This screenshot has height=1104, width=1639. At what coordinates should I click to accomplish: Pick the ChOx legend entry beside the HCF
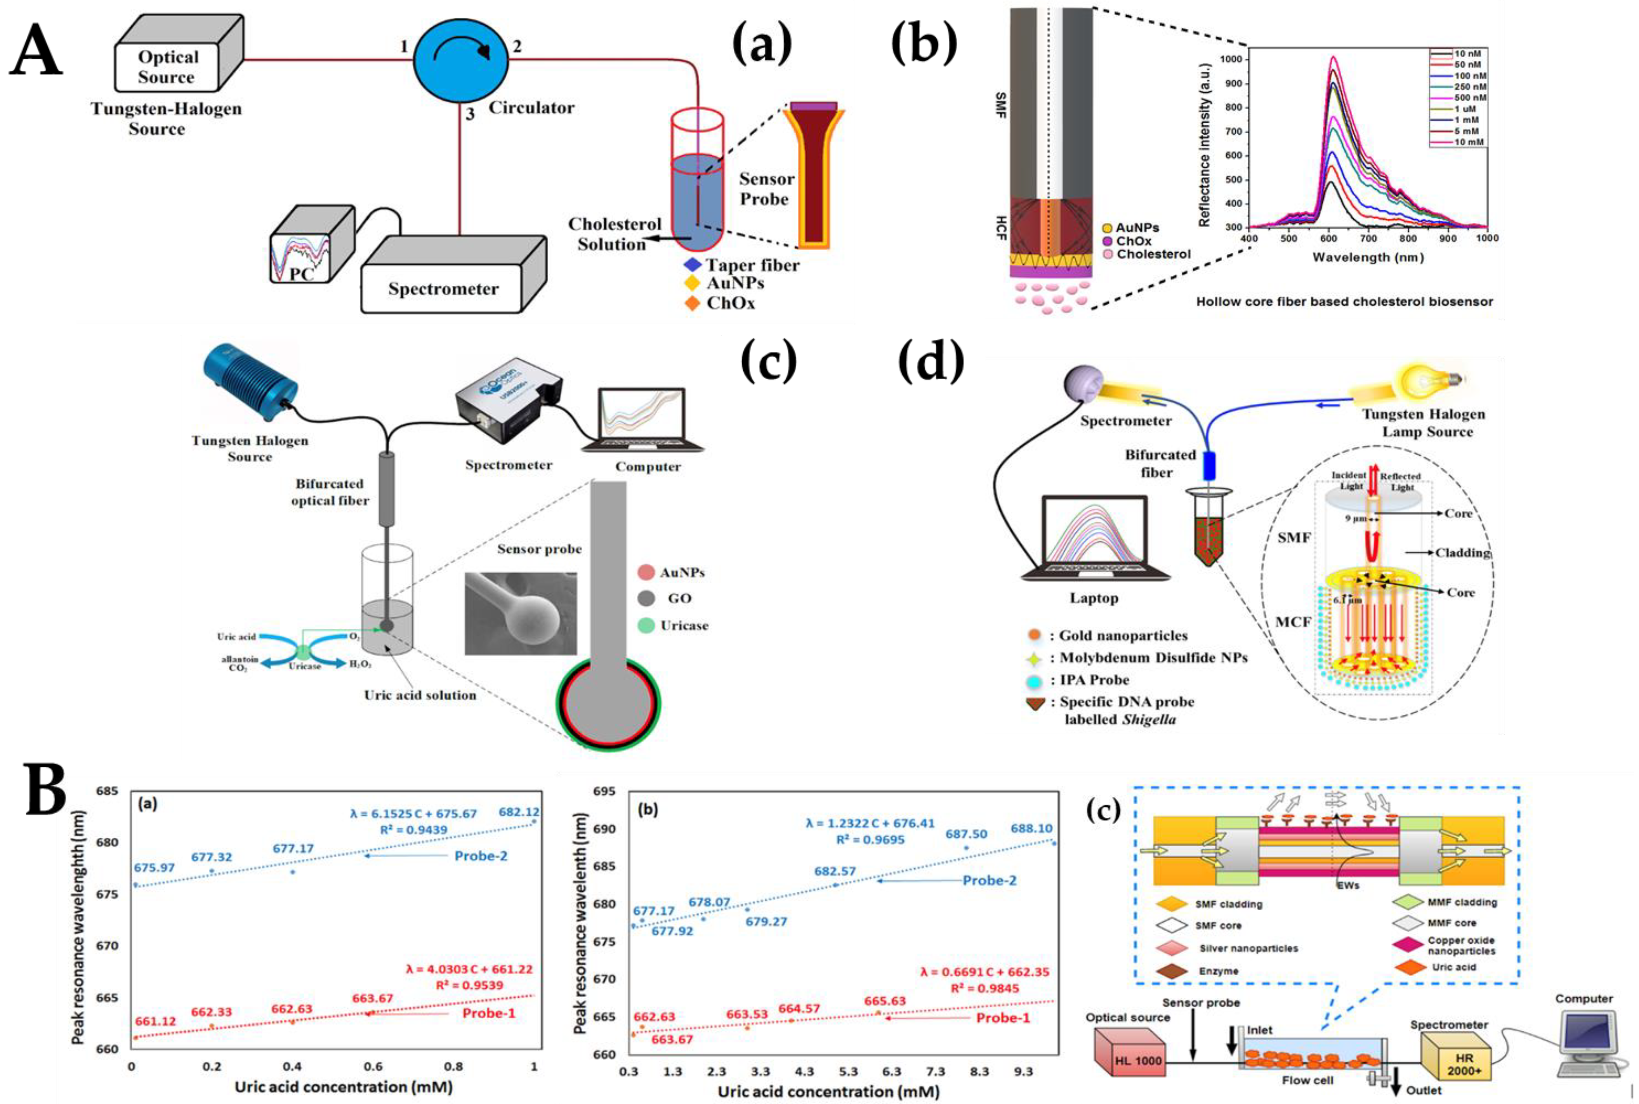pyautogui.click(x=1130, y=241)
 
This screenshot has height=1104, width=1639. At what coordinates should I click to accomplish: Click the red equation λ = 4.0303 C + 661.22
pyautogui.click(x=469, y=970)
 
